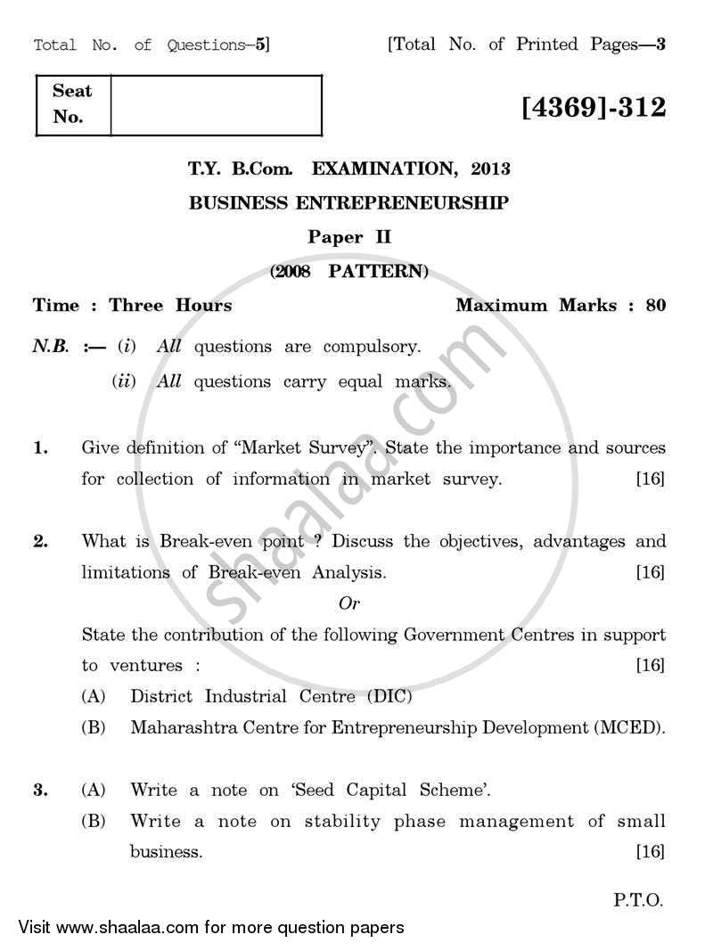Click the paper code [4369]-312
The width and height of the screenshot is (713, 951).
pyautogui.click(x=594, y=108)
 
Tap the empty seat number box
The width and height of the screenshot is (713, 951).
pyautogui.click(x=216, y=105)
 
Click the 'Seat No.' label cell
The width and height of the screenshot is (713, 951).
pyautogui.click(x=72, y=104)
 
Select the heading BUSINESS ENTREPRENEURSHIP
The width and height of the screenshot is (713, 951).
pyautogui.click(x=349, y=203)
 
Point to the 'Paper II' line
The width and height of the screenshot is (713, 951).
pyautogui.click(x=349, y=237)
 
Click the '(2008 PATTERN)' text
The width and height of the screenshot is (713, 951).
pyautogui.click(x=349, y=271)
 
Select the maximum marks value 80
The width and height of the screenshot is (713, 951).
pyautogui.click(x=655, y=305)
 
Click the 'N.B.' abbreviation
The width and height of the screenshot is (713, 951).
pyautogui.click(x=51, y=347)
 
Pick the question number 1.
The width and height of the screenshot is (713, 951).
pyautogui.click(x=40, y=448)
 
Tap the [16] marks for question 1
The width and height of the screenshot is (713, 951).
pyautogui.click(x=651, y=480)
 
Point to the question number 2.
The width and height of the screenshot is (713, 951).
pyautogui.click(x=40, y=541)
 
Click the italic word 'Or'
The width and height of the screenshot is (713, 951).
pyautogui.click(x=349, y=603)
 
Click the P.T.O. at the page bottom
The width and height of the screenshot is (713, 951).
pyautogui.click(x=638, y=900)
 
